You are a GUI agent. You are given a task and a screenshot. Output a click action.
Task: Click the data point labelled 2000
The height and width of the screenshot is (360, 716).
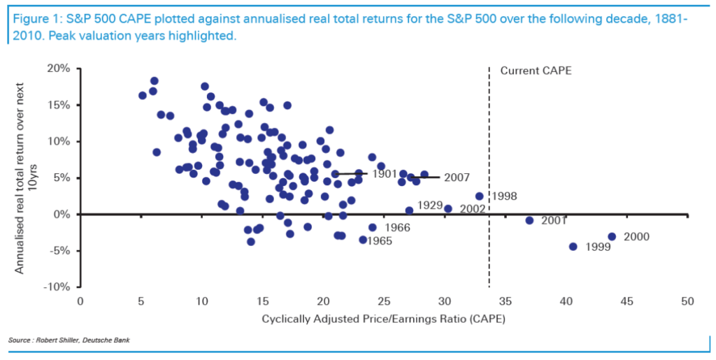612,236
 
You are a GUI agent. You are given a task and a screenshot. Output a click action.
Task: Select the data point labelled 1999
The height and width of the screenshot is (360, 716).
573,246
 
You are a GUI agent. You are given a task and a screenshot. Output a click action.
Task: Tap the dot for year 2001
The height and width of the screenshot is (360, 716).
530,220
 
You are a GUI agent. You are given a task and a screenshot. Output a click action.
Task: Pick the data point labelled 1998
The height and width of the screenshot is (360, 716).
479,196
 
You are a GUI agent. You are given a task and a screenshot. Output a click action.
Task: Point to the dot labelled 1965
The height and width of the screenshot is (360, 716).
363,240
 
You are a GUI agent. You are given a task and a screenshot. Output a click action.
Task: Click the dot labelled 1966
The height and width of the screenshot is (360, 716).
372,227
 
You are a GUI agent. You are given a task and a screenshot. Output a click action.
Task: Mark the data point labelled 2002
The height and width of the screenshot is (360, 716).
448,208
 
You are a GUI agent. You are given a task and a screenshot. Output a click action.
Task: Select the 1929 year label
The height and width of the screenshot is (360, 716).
430,206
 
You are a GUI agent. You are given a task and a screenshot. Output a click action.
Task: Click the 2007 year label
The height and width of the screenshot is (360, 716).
457,178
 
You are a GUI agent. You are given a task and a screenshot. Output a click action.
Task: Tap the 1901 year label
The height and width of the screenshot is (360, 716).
385,173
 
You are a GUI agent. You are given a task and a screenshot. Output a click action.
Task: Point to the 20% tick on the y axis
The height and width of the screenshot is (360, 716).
58,68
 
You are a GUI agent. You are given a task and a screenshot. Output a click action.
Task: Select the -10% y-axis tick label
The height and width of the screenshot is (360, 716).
56,287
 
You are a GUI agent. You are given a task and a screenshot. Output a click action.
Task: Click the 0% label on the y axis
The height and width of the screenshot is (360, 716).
62,214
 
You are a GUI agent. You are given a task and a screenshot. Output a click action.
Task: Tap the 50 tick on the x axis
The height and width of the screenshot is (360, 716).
687,301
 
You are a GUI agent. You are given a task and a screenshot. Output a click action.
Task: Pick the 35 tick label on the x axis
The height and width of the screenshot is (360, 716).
506,301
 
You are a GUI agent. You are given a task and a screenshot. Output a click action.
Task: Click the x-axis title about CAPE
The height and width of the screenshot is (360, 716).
383,319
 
